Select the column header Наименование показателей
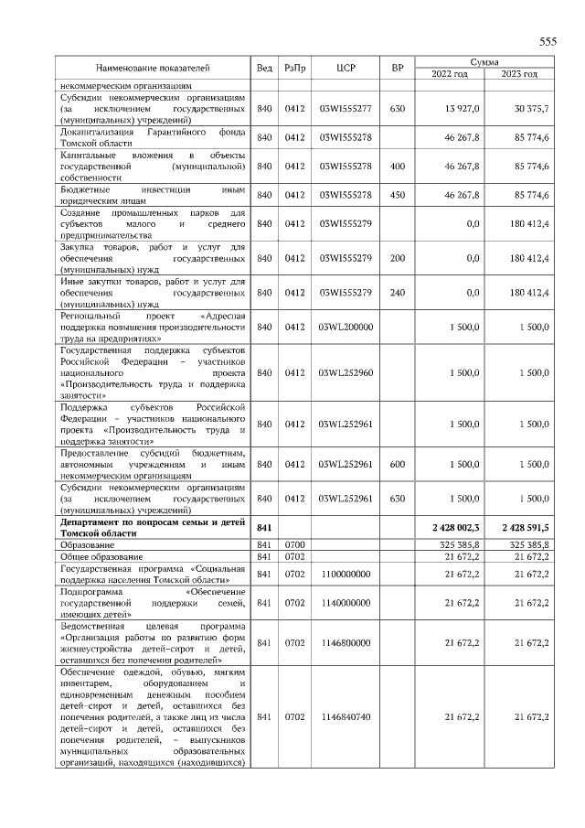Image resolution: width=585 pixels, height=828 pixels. point(153,68)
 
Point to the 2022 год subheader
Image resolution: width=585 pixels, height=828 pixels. point(449,73)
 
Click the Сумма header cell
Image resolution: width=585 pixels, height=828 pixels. point(484,61)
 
